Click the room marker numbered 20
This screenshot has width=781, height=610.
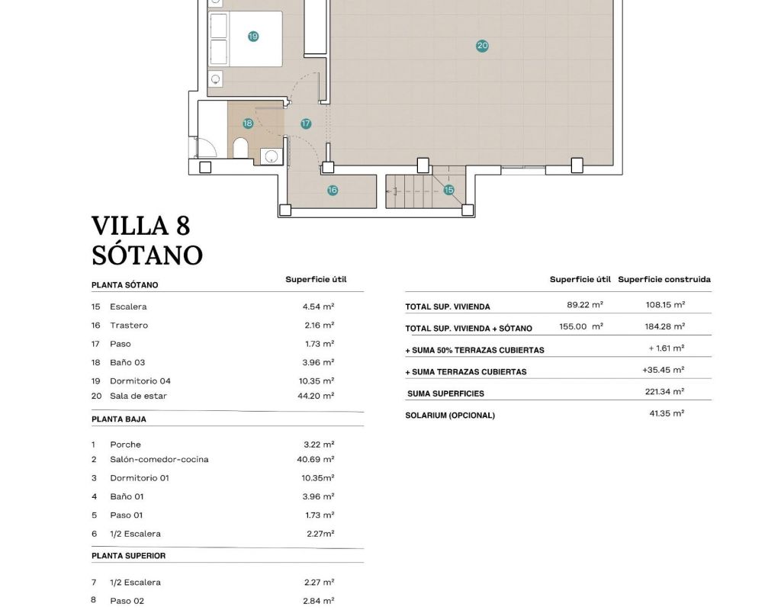coord(482,46)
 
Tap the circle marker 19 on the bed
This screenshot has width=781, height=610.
coord(253,37)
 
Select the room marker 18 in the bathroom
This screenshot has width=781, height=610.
coord(248,124)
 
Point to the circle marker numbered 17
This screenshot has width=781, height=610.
coord(306,124)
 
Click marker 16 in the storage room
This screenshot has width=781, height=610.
coord(333,190)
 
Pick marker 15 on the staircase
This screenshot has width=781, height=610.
coord(448,190)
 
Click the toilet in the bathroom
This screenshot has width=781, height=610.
coord(240,149)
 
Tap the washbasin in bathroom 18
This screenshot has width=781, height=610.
coord(271,156)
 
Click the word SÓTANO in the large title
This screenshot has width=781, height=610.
coord(147,255)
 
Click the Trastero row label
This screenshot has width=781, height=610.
coord(129,325)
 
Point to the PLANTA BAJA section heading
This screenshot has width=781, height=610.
coord(119,419)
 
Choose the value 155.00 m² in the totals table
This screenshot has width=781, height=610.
coord(581,326)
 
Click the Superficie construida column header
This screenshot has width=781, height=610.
coord(664,279)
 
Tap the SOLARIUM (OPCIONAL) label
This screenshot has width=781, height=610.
coord(450,416)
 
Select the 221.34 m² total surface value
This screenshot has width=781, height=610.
coord(664,392)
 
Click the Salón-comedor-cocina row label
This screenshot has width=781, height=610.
coord(159,460)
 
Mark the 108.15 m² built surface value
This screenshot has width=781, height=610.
coord(665,305)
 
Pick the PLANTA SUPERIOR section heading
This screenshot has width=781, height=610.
coord(128,556)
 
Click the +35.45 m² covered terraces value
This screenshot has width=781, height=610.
coord(664,370)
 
